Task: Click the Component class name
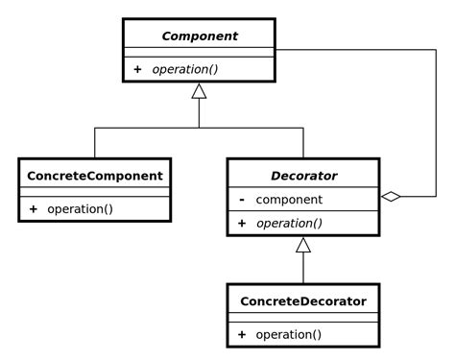[199, 36]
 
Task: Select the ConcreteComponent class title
[94, 176]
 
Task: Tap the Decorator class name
[302, 176]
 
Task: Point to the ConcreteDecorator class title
[302, 301]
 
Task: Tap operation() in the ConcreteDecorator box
[288, 334]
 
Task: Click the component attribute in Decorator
[289, 200]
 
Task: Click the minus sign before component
[241, 200]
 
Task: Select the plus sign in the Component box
[137, 69]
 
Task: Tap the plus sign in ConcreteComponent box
[33, 208]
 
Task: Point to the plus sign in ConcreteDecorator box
[242, 334]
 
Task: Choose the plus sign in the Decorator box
[242, 223]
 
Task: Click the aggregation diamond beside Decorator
[390, 197]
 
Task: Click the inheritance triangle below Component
[199, 91]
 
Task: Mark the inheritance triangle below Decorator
[303, 245]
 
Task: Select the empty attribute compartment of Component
[199, 52]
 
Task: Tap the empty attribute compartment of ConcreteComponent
[94, 192]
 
